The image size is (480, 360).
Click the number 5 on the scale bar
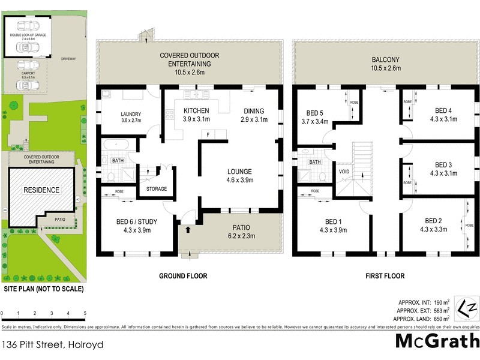pyautogui.click(x=85, y=313)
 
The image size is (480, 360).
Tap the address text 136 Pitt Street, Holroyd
pyautogui.click(x=53, y=344)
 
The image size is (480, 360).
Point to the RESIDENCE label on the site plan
pyautogui.click(x=41, y=190)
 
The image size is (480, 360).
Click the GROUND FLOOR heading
pyautogui.click(x=183, y=276)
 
